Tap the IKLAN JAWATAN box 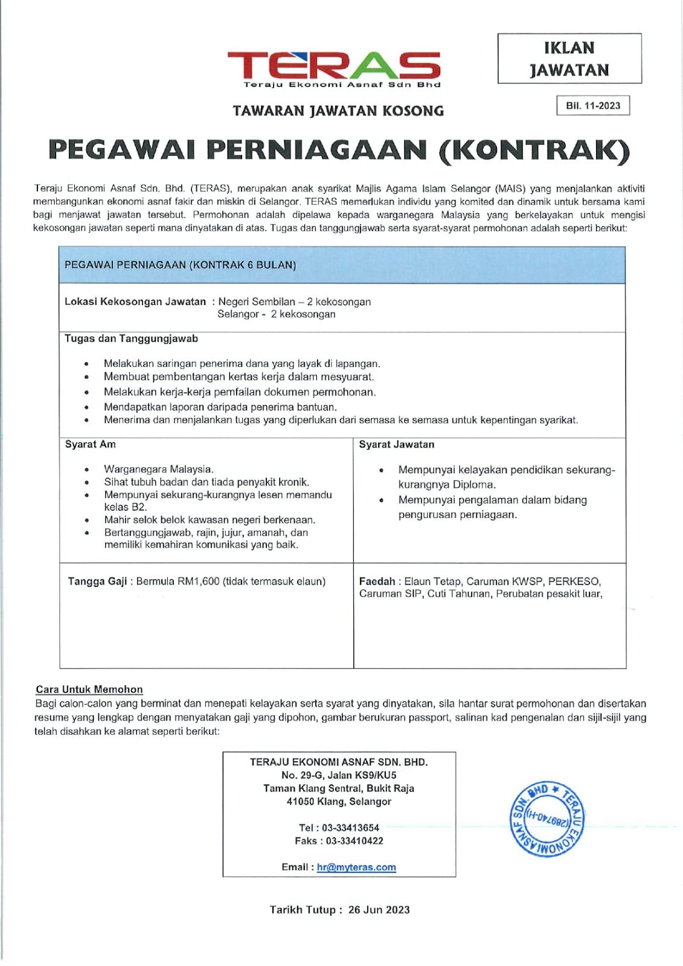click(x=569, y=59)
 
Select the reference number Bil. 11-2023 click(x=592, y=106)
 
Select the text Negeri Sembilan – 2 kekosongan click(x=294, y=302)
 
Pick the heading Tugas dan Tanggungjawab click(x=131, y=339)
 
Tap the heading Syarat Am click(x=90, y=444)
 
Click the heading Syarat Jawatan click(x=396, y=445)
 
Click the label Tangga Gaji click(x=97, y=581)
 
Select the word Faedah click(x=377, y=581)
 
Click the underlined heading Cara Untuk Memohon click(x=89, y=689)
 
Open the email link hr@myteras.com click(x=356, y=867)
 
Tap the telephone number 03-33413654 click(x=350, y=828)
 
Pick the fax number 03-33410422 click(x=354, y=841)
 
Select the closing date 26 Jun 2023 click(x=379, y=910)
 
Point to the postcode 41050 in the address click(x=300, y=802)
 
